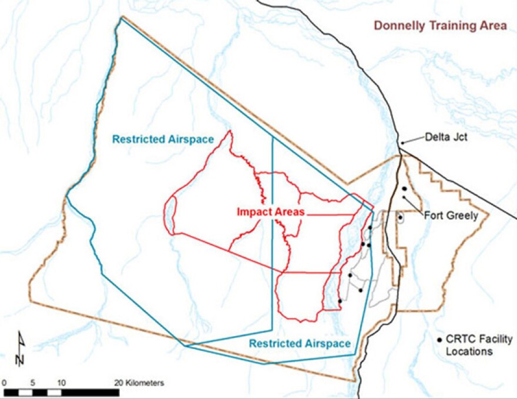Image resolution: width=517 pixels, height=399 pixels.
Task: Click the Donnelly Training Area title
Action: (440, 26)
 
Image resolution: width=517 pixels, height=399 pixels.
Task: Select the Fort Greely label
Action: (451, 215)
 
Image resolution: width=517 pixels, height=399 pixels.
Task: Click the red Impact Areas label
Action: (271, 212)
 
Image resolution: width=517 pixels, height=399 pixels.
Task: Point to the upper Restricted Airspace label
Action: (162, 139)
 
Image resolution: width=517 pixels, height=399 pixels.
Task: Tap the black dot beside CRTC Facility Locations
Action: (440, 340)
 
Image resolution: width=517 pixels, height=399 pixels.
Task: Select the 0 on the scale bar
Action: (4, 383)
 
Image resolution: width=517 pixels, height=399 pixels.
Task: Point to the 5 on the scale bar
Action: (32, 383)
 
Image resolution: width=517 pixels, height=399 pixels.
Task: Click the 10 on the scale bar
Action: (61, 383)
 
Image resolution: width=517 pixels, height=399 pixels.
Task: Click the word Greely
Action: (462, 215)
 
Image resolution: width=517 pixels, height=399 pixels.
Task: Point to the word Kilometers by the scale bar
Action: (146, 383)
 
